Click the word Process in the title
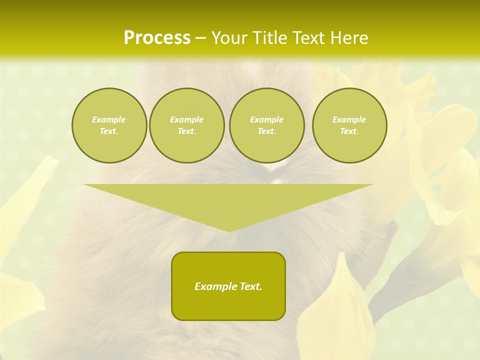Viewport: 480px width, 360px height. click(157, 38)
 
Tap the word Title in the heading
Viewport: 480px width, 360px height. click(269, 38)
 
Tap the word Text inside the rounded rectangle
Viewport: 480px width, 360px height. click(250, 286)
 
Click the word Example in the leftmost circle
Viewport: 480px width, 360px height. click(109, 119)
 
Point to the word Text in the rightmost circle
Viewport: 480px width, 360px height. click(349, 131)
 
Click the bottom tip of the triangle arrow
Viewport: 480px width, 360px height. click(229, 230)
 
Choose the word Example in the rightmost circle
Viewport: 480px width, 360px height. click(349, 119)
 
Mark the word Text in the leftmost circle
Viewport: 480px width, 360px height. click(109, 131)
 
